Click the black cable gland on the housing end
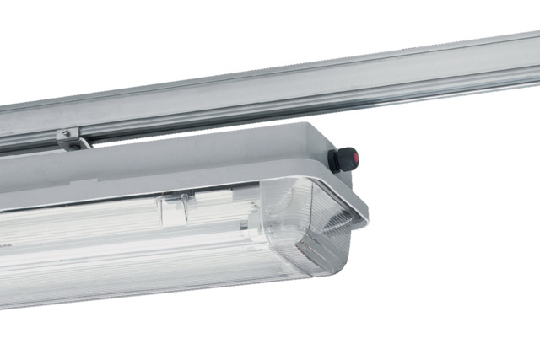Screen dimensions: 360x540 coord(343,159)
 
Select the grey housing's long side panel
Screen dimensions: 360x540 coord(169,164)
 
